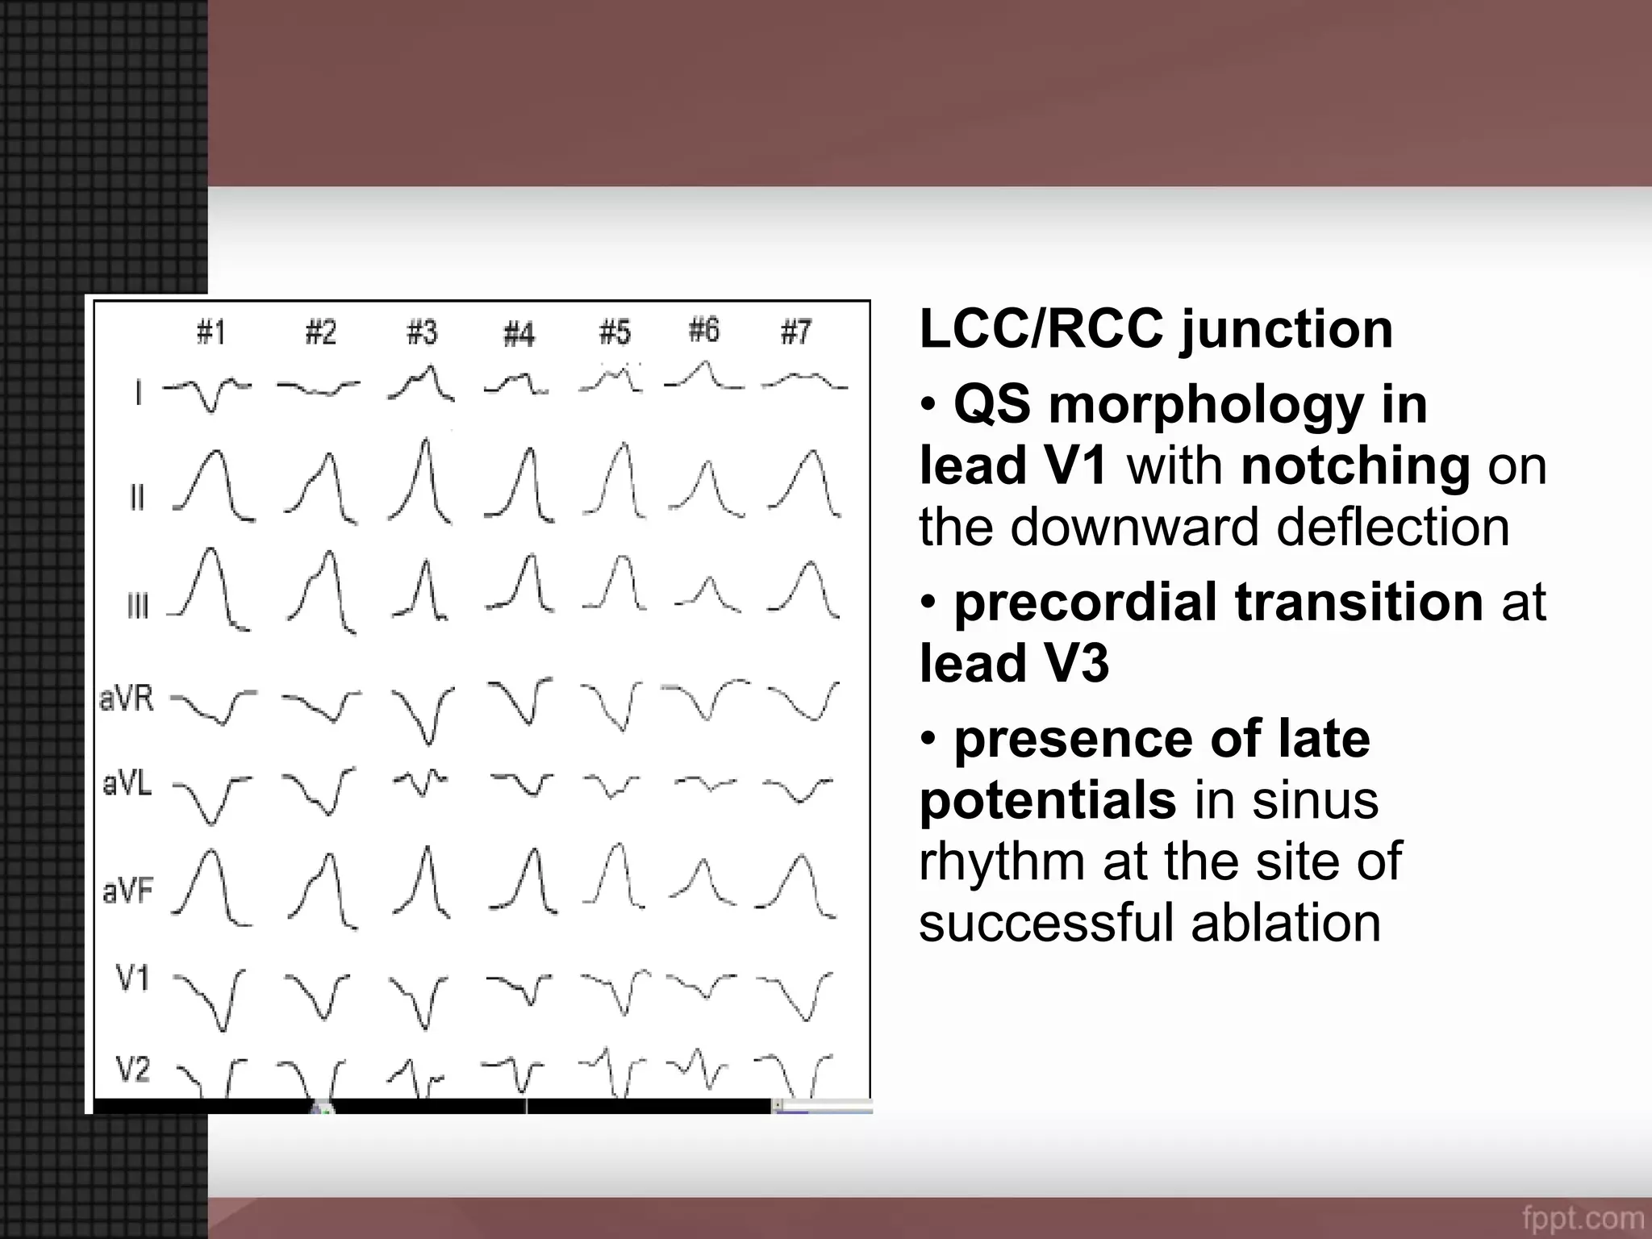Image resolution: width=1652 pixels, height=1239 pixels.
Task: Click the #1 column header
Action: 211,332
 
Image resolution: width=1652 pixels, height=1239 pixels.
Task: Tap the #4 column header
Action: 519,333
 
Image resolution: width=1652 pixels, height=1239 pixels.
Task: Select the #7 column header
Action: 795,332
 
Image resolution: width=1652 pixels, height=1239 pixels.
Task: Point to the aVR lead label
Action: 127,698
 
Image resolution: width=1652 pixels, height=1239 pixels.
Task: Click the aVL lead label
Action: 127,783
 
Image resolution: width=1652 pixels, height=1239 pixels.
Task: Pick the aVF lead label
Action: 127,891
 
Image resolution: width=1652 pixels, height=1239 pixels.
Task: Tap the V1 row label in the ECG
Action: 133,978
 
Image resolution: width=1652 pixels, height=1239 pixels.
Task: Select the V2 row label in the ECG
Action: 133,1070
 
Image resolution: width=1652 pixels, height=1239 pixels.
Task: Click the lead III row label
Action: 138,605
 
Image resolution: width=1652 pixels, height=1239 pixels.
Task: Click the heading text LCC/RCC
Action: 1041,329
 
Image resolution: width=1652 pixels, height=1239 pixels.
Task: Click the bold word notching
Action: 1355,466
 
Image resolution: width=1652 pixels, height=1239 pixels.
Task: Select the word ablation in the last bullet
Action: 1286,923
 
